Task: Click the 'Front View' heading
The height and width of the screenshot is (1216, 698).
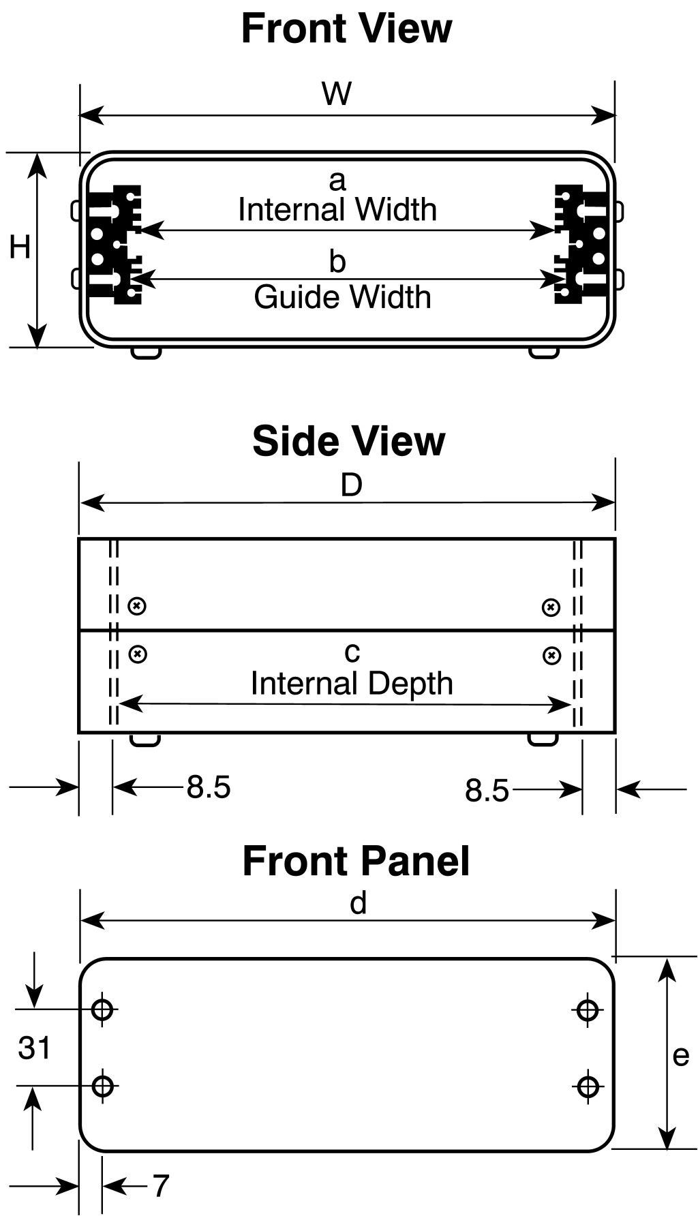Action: point(346,29)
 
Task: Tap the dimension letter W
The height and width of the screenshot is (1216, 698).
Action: point(337,93)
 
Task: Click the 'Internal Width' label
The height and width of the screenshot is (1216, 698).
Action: point(337,209)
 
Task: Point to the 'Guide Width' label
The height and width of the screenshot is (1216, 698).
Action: point(342,297)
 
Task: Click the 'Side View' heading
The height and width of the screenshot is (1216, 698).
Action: point(348,441)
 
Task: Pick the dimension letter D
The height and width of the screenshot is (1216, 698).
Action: point(351,485)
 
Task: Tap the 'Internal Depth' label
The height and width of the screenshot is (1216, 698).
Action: point(352,684)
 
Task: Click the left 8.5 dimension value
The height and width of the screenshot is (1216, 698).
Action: point(209,787)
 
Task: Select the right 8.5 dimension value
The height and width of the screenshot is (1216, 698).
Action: point(487,791)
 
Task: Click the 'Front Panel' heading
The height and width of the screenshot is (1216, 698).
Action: point(356,861)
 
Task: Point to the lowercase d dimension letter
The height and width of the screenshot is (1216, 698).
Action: point(358,903)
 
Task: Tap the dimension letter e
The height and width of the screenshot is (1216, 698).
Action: point(680,1055)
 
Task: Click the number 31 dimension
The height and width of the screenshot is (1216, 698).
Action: point(34,1048)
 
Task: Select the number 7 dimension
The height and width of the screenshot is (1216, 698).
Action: point(160,1187)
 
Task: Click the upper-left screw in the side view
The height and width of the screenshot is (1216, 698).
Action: point(138,605)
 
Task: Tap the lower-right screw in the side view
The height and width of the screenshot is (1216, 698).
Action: point(551,656)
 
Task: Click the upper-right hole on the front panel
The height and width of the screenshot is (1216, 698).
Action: point(587,1009)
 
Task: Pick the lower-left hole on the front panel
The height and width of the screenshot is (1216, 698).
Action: point(102,1085)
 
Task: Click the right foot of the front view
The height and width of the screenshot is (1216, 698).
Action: point(544,352)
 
